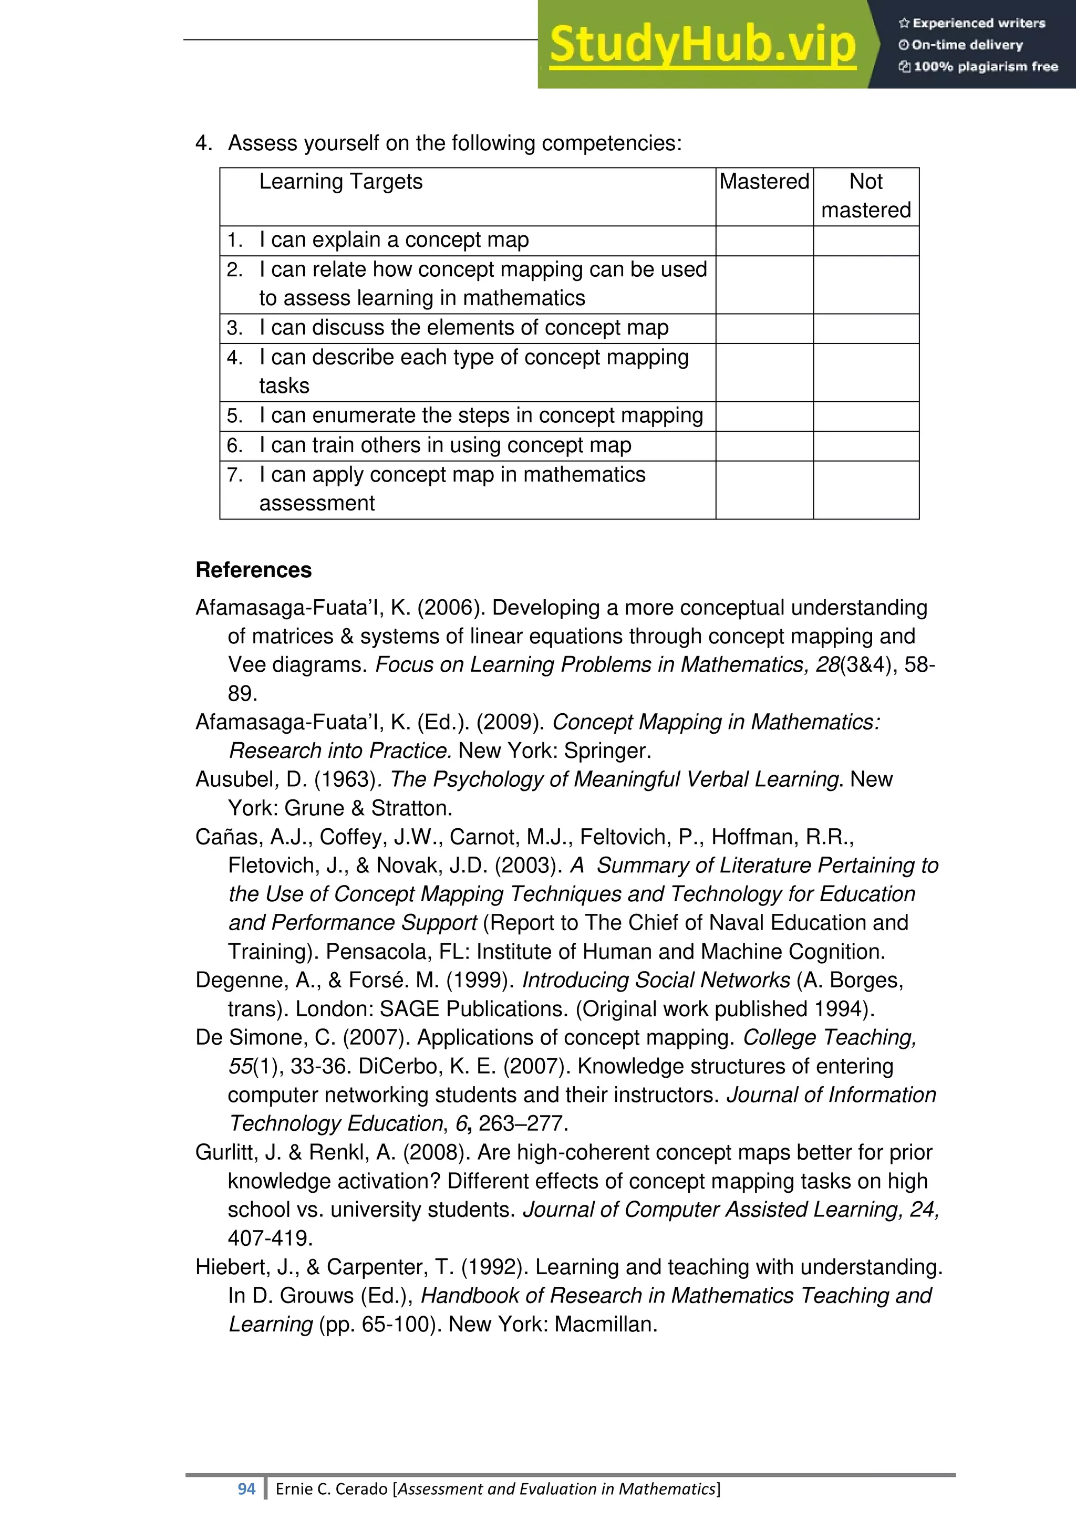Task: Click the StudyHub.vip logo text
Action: [x=702, y=45]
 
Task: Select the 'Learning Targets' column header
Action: [x=340, y=182]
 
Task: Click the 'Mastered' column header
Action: [x=764, y=182]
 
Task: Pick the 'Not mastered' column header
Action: [x=865, y=196]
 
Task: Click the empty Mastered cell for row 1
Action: [x=764, y=241]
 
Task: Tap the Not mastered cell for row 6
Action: [x=865, y=446]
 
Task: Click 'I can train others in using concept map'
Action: [x=444, y=445]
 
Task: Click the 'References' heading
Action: [x=253, y=570]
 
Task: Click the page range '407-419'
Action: [x=270, y=1238]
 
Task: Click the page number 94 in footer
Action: [x=246, y=1489]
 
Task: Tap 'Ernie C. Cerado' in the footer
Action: [x=332, y=1489]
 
